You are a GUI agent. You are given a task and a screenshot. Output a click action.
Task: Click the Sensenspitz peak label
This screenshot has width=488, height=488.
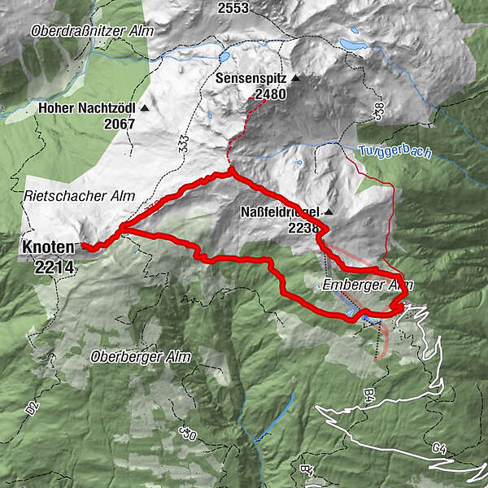point(252,80)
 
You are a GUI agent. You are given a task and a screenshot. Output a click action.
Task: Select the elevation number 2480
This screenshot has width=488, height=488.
point(271,95)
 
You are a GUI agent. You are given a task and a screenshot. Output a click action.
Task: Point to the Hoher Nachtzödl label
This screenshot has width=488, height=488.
point(87,107)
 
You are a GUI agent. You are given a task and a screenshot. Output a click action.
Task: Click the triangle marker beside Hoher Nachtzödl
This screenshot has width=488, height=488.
point(145,107)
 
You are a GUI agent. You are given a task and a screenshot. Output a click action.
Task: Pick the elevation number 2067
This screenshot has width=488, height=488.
point(120,124)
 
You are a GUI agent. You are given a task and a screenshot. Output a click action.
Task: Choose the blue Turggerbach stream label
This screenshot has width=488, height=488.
point(389,151)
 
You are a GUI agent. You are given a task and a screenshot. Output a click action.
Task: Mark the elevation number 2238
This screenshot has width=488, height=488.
point(303,229)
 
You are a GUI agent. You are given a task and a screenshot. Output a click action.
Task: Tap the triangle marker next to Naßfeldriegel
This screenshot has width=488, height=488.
point(329,213)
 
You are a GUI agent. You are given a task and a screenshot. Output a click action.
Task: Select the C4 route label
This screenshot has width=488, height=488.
point(440,447)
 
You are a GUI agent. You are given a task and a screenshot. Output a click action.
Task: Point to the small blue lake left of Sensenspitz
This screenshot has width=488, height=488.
point(223,59)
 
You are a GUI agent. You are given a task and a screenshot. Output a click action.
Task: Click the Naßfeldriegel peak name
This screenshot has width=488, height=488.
point(281,213)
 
